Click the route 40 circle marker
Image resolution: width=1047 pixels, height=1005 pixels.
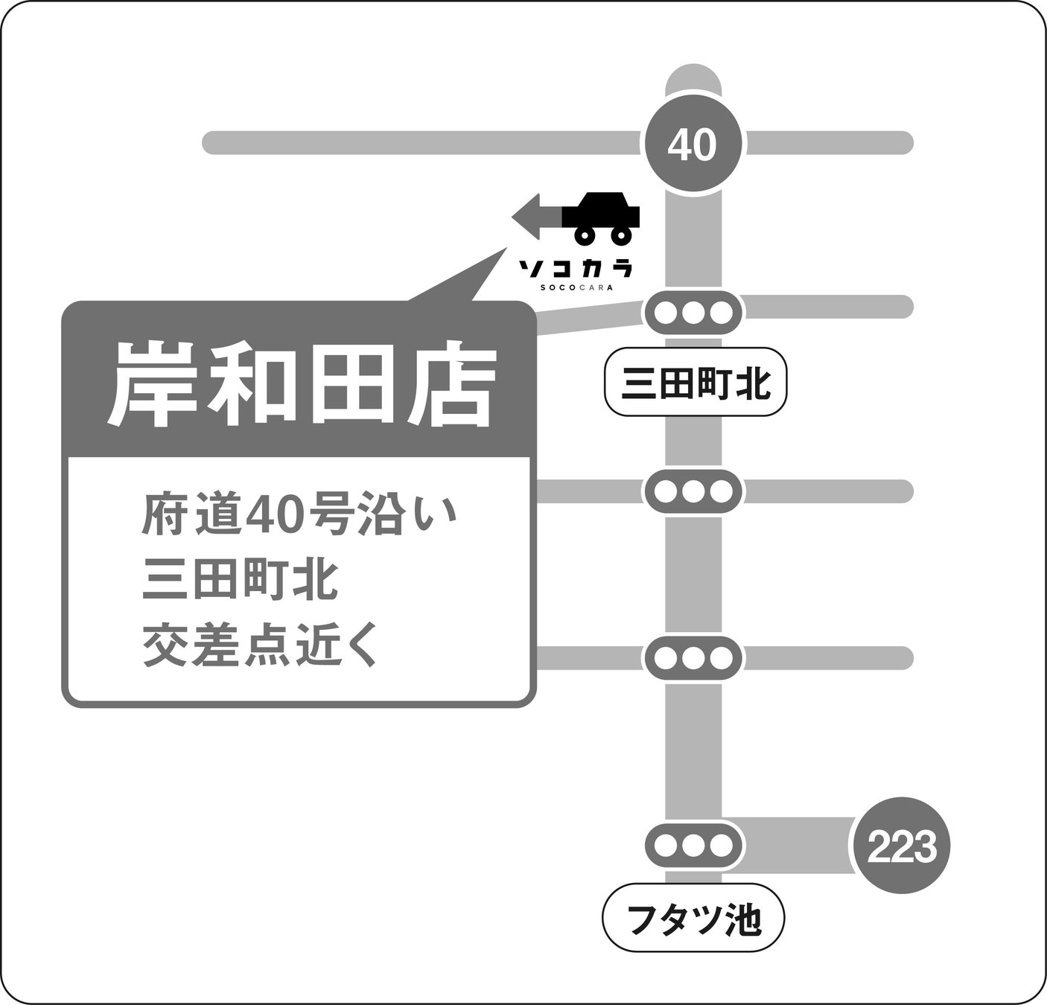(693, 143)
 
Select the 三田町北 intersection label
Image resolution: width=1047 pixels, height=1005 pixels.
(695, 383)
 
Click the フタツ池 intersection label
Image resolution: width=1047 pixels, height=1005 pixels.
(693, 920)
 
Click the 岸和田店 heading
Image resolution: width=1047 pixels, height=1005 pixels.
(302, 384)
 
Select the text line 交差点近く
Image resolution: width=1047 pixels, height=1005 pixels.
(261, 647)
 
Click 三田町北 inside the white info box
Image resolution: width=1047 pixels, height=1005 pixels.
(241, 581)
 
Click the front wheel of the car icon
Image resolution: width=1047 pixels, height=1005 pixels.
(585, 235)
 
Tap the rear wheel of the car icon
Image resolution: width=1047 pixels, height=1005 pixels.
(620, 235)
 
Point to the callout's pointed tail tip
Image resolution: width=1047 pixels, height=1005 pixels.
(506, 249)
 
